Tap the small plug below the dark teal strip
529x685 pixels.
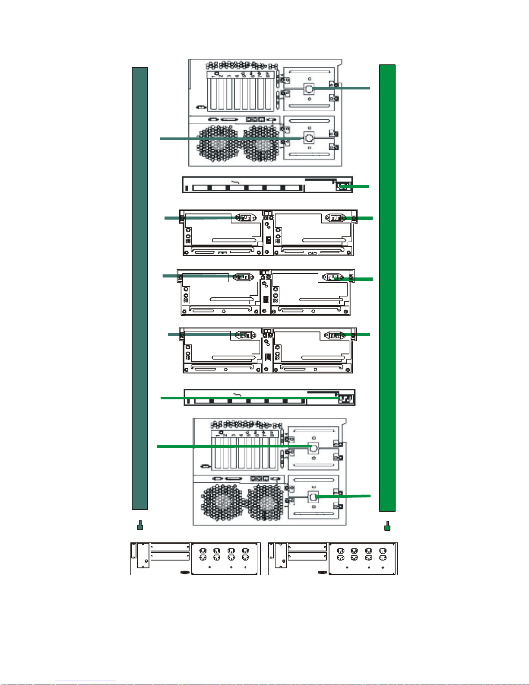(140, 526)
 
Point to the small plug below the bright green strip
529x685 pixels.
(387, 526)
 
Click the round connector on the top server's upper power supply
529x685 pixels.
(309, 89)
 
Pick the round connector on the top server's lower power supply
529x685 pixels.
(309, 138)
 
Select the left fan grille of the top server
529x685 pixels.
(218, 144)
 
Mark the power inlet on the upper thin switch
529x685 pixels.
(344, 186)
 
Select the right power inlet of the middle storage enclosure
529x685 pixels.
(333, 277)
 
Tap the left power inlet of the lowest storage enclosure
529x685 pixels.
(245, 335)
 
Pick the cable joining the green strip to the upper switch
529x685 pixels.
(356, 186)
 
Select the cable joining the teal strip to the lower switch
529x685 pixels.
(246, 398)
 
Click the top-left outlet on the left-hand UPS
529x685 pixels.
(203, 551)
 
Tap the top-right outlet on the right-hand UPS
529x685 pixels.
(383, 551)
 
